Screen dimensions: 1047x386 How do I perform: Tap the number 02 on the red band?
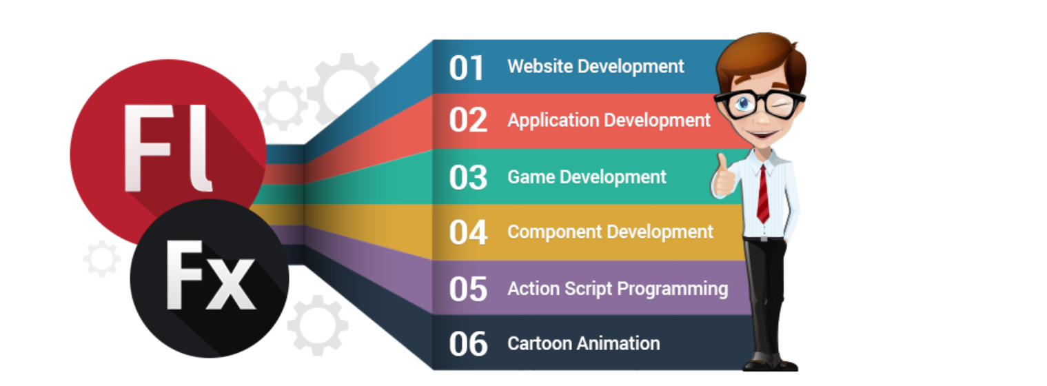(468, 120)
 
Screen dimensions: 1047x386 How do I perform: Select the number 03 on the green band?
(468, 178)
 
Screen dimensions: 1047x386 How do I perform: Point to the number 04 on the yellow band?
(468, 232)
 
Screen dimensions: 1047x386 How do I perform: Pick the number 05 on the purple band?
(468, 289)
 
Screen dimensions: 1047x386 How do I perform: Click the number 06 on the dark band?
(468, 344)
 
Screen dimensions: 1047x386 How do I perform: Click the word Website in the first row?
(540, 66)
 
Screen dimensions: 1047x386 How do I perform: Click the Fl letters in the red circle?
(167, 148)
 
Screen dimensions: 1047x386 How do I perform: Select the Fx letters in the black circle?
(210, 275)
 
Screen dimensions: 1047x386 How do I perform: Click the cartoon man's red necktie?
(763, 194)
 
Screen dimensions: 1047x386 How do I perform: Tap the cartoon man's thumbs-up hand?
(724, 176)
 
